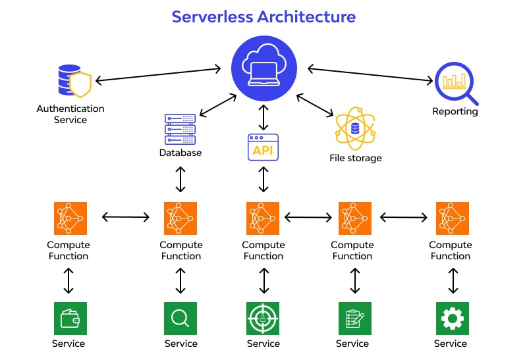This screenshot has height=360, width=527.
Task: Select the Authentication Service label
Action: click(x=70, y=114)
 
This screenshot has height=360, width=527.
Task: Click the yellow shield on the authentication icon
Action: click(x=80, y=85)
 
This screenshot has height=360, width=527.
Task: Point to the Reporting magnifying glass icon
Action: click(x=455, y=82)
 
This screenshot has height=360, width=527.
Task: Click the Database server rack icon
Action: click(x=180, y=129)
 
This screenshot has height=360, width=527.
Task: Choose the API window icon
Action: click(x=263, y=147)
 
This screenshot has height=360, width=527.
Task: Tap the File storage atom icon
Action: click(x=355, y=129)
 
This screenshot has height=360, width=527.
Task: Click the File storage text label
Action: click(x=355, y=158)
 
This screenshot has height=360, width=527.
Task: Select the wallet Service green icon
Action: click(x=70, y=319)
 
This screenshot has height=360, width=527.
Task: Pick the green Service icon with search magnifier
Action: click(x=180, y=319)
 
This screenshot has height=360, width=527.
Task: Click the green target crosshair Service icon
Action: click(x=263, y=319)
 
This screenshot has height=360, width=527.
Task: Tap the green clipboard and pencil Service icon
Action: click(x=354, y=319)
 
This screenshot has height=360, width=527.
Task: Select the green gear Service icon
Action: click(x=452, y=319)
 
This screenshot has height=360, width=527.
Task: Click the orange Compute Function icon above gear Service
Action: click(x=452, y=219)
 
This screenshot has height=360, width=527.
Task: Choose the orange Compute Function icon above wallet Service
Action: click(x=70, y=219)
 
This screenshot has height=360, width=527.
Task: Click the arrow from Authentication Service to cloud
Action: click(x=158, y=74)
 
